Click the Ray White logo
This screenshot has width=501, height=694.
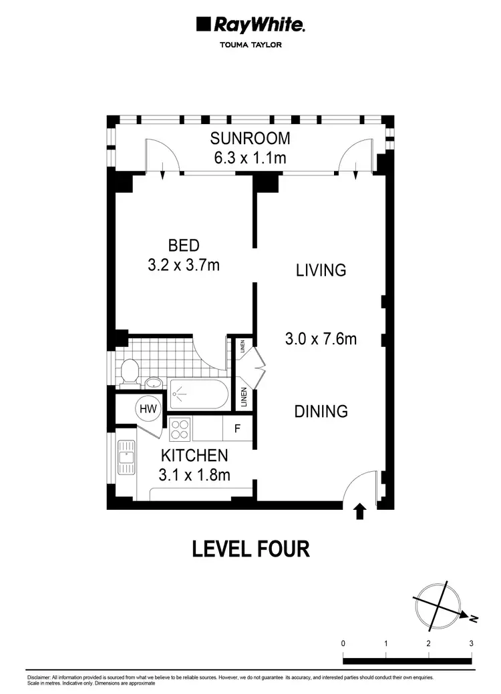pos(251,26)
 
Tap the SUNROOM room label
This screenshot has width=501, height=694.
pos(251,139)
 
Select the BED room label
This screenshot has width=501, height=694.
pos(184,245)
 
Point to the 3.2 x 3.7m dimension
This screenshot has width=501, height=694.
pos(184,265)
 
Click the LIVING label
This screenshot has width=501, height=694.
pos(321,270)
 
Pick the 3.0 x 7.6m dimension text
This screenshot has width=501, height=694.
pos(321,339)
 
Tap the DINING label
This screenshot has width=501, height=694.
pos(321,411)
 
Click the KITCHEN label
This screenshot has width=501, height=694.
pos(194,456)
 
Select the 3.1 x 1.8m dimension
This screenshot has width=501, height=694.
pos(194,475)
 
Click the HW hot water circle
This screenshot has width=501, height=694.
pos(148,408)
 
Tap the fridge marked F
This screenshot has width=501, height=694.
pos(236,429)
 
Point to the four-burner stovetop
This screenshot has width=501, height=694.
pos(179,428)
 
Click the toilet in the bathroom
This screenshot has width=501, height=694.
pos(129,370)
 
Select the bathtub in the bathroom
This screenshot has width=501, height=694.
pos(199,394)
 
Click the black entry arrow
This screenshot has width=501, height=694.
pos(360,512)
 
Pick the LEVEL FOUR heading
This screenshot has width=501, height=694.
pos(251,549)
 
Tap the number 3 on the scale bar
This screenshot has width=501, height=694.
pos(472,643)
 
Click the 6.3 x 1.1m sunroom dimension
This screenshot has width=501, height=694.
pos(251,159)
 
